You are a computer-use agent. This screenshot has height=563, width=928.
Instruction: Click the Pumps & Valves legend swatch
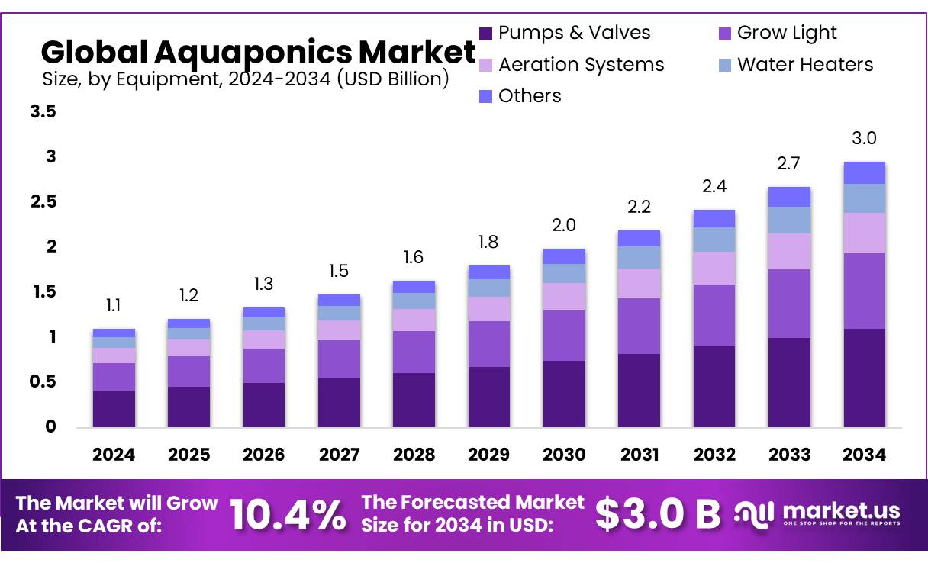[485, 34]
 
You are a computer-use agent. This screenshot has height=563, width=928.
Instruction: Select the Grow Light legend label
[787, 33]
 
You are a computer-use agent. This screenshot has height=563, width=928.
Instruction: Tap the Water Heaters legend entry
[804, 65]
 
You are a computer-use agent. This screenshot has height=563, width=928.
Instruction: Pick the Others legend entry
[530, 96]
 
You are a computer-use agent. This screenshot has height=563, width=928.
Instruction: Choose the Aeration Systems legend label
[581, 65]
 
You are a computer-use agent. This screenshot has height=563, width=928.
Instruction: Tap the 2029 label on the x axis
[488, 455]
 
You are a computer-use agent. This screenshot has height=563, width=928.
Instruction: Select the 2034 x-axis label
[864, 455]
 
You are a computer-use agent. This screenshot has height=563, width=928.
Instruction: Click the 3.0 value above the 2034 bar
[864, 138]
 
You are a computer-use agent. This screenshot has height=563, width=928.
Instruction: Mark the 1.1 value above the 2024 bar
[114, 306]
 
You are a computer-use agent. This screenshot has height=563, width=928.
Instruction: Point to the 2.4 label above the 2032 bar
[714, 187]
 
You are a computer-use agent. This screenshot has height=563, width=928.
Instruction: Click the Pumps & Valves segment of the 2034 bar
[864, 378]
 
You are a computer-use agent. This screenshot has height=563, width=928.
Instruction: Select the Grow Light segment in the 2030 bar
[564, 336]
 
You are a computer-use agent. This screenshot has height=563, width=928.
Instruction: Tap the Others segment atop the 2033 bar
[789, 197]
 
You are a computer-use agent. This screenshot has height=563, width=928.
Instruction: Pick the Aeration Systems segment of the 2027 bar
[339, 330]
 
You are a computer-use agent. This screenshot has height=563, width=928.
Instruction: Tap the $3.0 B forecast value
[657, 515]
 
